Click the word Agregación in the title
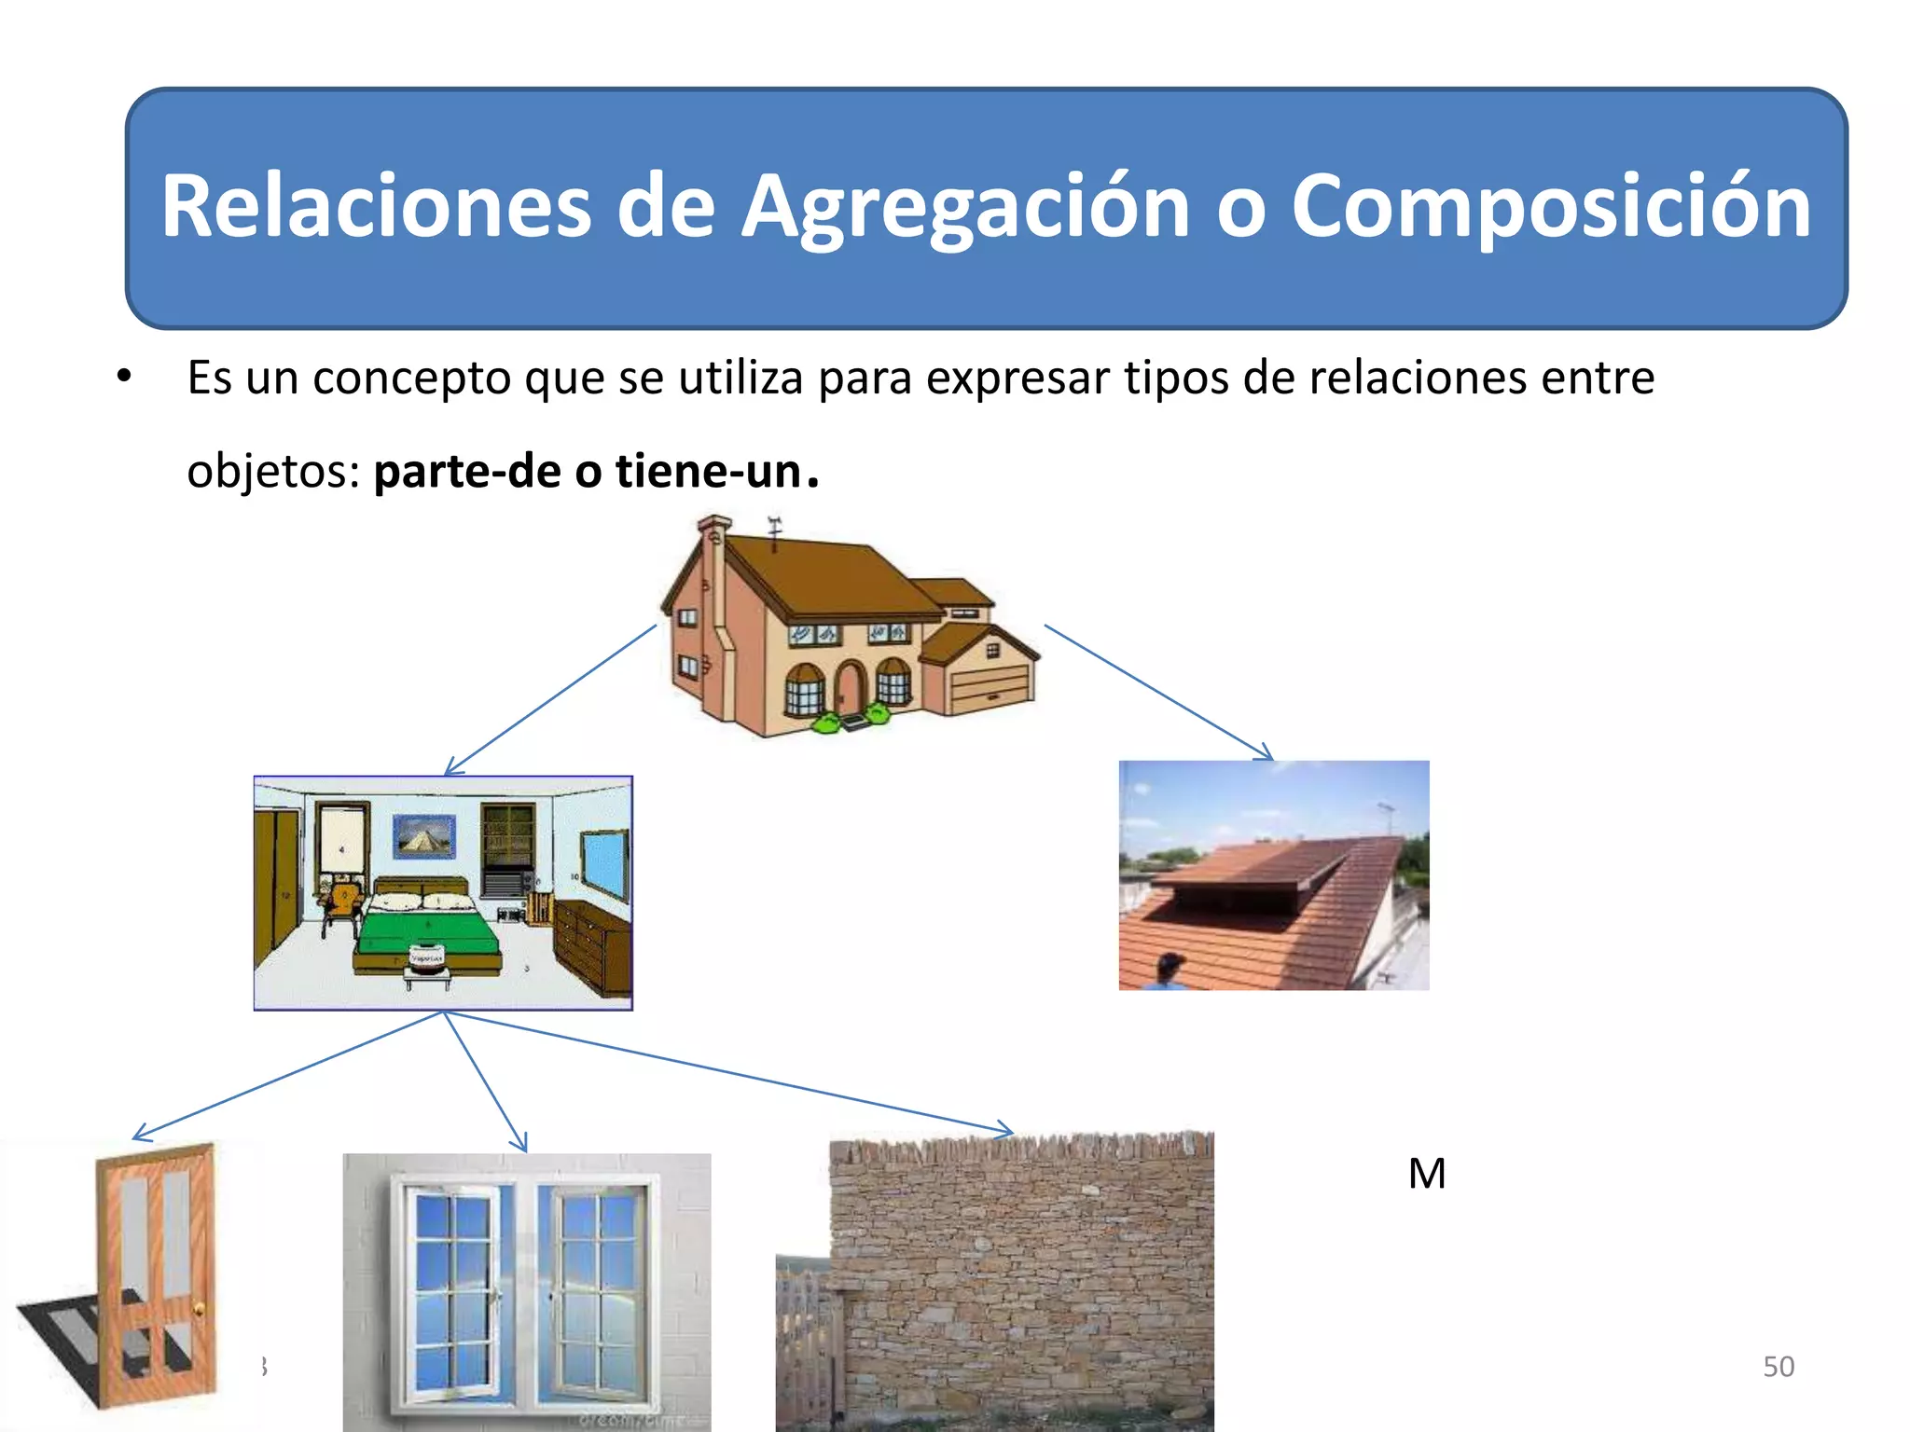click(x=965, y=207)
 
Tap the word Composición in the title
click(x=1550, y=207)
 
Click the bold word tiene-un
click(x=708, y=471)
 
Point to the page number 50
click(x=1778, y=1366)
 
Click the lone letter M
click(x=1427, y=1174)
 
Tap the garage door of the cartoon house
click(x=990, y=688)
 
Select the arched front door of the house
click(x=849, y=688)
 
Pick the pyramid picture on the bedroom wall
click(x=424, y=836)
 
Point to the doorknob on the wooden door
click(x=199, y=1311)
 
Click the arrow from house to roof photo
click(x=1156, y=690)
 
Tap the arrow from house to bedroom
click(x=550, y=699)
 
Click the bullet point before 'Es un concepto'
click(x=124, y=378)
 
